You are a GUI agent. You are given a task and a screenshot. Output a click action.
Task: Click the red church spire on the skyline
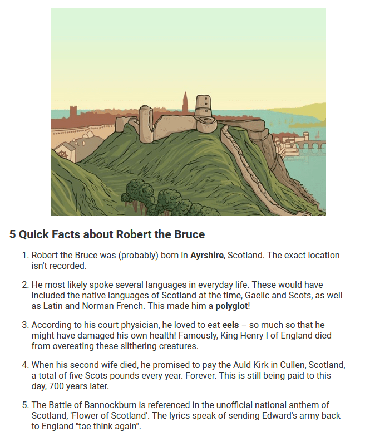185,103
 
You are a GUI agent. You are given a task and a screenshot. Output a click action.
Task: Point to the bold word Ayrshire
207,256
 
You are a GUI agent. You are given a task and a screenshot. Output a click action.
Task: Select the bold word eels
231,325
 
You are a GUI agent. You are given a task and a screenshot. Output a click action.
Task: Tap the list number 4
24,365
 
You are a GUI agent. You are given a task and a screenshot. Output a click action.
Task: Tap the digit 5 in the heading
13,234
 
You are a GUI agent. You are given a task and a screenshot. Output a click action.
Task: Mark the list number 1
24,256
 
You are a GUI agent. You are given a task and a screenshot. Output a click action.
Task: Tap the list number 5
24,405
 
